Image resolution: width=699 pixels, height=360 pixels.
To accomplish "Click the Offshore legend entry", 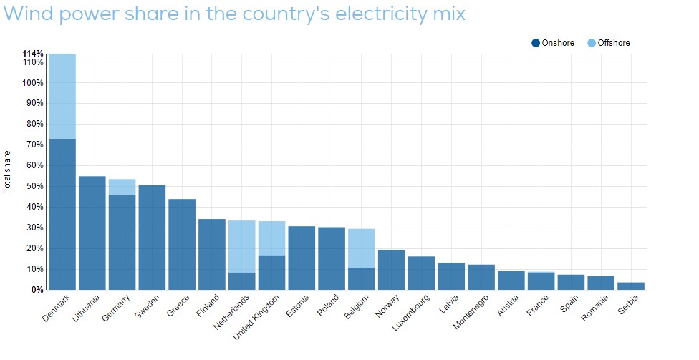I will click(x=608, y=44).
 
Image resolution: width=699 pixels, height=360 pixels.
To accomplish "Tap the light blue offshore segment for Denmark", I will click(x=62, y=96).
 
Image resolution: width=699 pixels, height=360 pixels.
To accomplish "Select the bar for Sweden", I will click(x=152, y=237).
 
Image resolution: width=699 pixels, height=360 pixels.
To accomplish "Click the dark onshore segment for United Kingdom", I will click(x=272, y=272).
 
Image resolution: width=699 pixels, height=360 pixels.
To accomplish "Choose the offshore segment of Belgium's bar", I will click(x=362, y=248).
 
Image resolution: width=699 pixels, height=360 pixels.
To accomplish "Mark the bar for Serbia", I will click(x=631, y=286).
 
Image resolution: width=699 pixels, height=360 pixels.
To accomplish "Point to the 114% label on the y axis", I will click(x=33, y=54).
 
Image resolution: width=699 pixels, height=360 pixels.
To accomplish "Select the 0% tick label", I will click(x=37, y=290).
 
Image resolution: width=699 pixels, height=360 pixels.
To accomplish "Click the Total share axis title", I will click(x=8, y=171).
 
